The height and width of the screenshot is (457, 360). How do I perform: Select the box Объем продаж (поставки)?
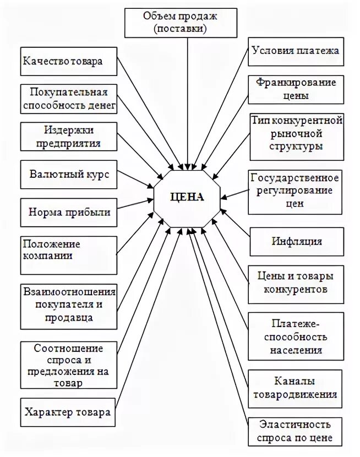point(180,23)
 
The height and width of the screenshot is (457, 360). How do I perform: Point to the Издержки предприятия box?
point(69,137)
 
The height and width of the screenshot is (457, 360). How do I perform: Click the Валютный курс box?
point(69,175)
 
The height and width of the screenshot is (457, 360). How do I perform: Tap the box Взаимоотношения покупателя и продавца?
point(69,303)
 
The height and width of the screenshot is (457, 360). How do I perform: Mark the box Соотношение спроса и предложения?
point(69,364)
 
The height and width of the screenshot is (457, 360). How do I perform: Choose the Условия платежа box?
point(296,51)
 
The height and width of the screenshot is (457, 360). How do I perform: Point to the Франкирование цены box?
point(296,89)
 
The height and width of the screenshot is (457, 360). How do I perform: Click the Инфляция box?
point(296,241)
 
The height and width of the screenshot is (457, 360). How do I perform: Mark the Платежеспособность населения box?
point(296,336)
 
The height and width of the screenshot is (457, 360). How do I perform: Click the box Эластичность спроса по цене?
point(296,432)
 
